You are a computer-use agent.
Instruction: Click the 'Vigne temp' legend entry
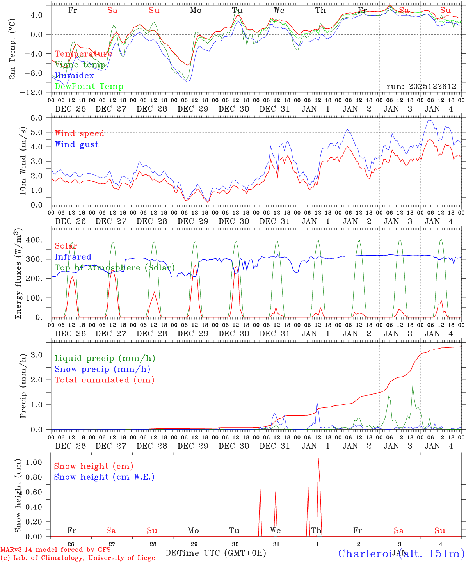point(80,65)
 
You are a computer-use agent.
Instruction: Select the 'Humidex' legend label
point(74,76)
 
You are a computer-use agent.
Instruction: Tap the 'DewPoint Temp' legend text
point(89,87)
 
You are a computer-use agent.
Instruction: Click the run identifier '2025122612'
point(432,87)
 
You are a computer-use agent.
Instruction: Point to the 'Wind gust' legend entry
point(76,144)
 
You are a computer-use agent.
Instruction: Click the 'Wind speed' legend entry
point(80,133)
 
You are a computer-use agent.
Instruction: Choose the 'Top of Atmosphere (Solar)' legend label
point(115,268)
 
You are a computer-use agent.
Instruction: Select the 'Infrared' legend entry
point(73,257)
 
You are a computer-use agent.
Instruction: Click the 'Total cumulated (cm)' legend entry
point(105,380)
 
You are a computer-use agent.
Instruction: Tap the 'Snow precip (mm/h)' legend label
point(102,369)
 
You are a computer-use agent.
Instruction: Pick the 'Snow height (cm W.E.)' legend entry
point(104,477)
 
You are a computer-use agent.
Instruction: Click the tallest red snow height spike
point(318,459)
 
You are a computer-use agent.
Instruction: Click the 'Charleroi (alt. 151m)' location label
point(402,553)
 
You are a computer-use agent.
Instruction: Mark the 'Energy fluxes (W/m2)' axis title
point(18,274)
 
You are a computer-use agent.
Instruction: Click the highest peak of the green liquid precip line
point(413,386)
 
